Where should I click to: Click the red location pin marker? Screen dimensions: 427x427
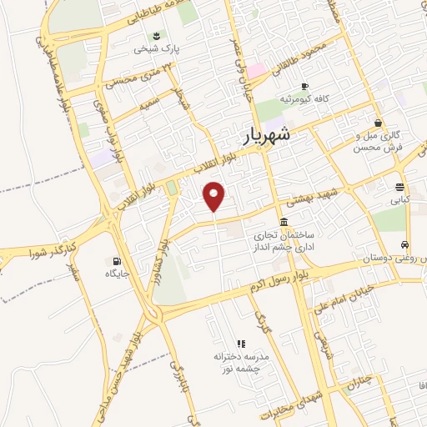(214, 195)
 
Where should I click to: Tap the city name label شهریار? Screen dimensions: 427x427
(269, 136)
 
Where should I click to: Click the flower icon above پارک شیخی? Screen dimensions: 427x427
(156, 34)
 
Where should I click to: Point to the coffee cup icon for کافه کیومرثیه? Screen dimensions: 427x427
(304, 86)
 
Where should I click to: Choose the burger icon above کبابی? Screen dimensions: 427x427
(400, 187)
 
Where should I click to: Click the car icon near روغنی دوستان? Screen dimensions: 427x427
(404, 245)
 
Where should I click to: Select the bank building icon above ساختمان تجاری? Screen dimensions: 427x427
(285, 223)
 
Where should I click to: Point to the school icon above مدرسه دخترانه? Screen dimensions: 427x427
(240, 343)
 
